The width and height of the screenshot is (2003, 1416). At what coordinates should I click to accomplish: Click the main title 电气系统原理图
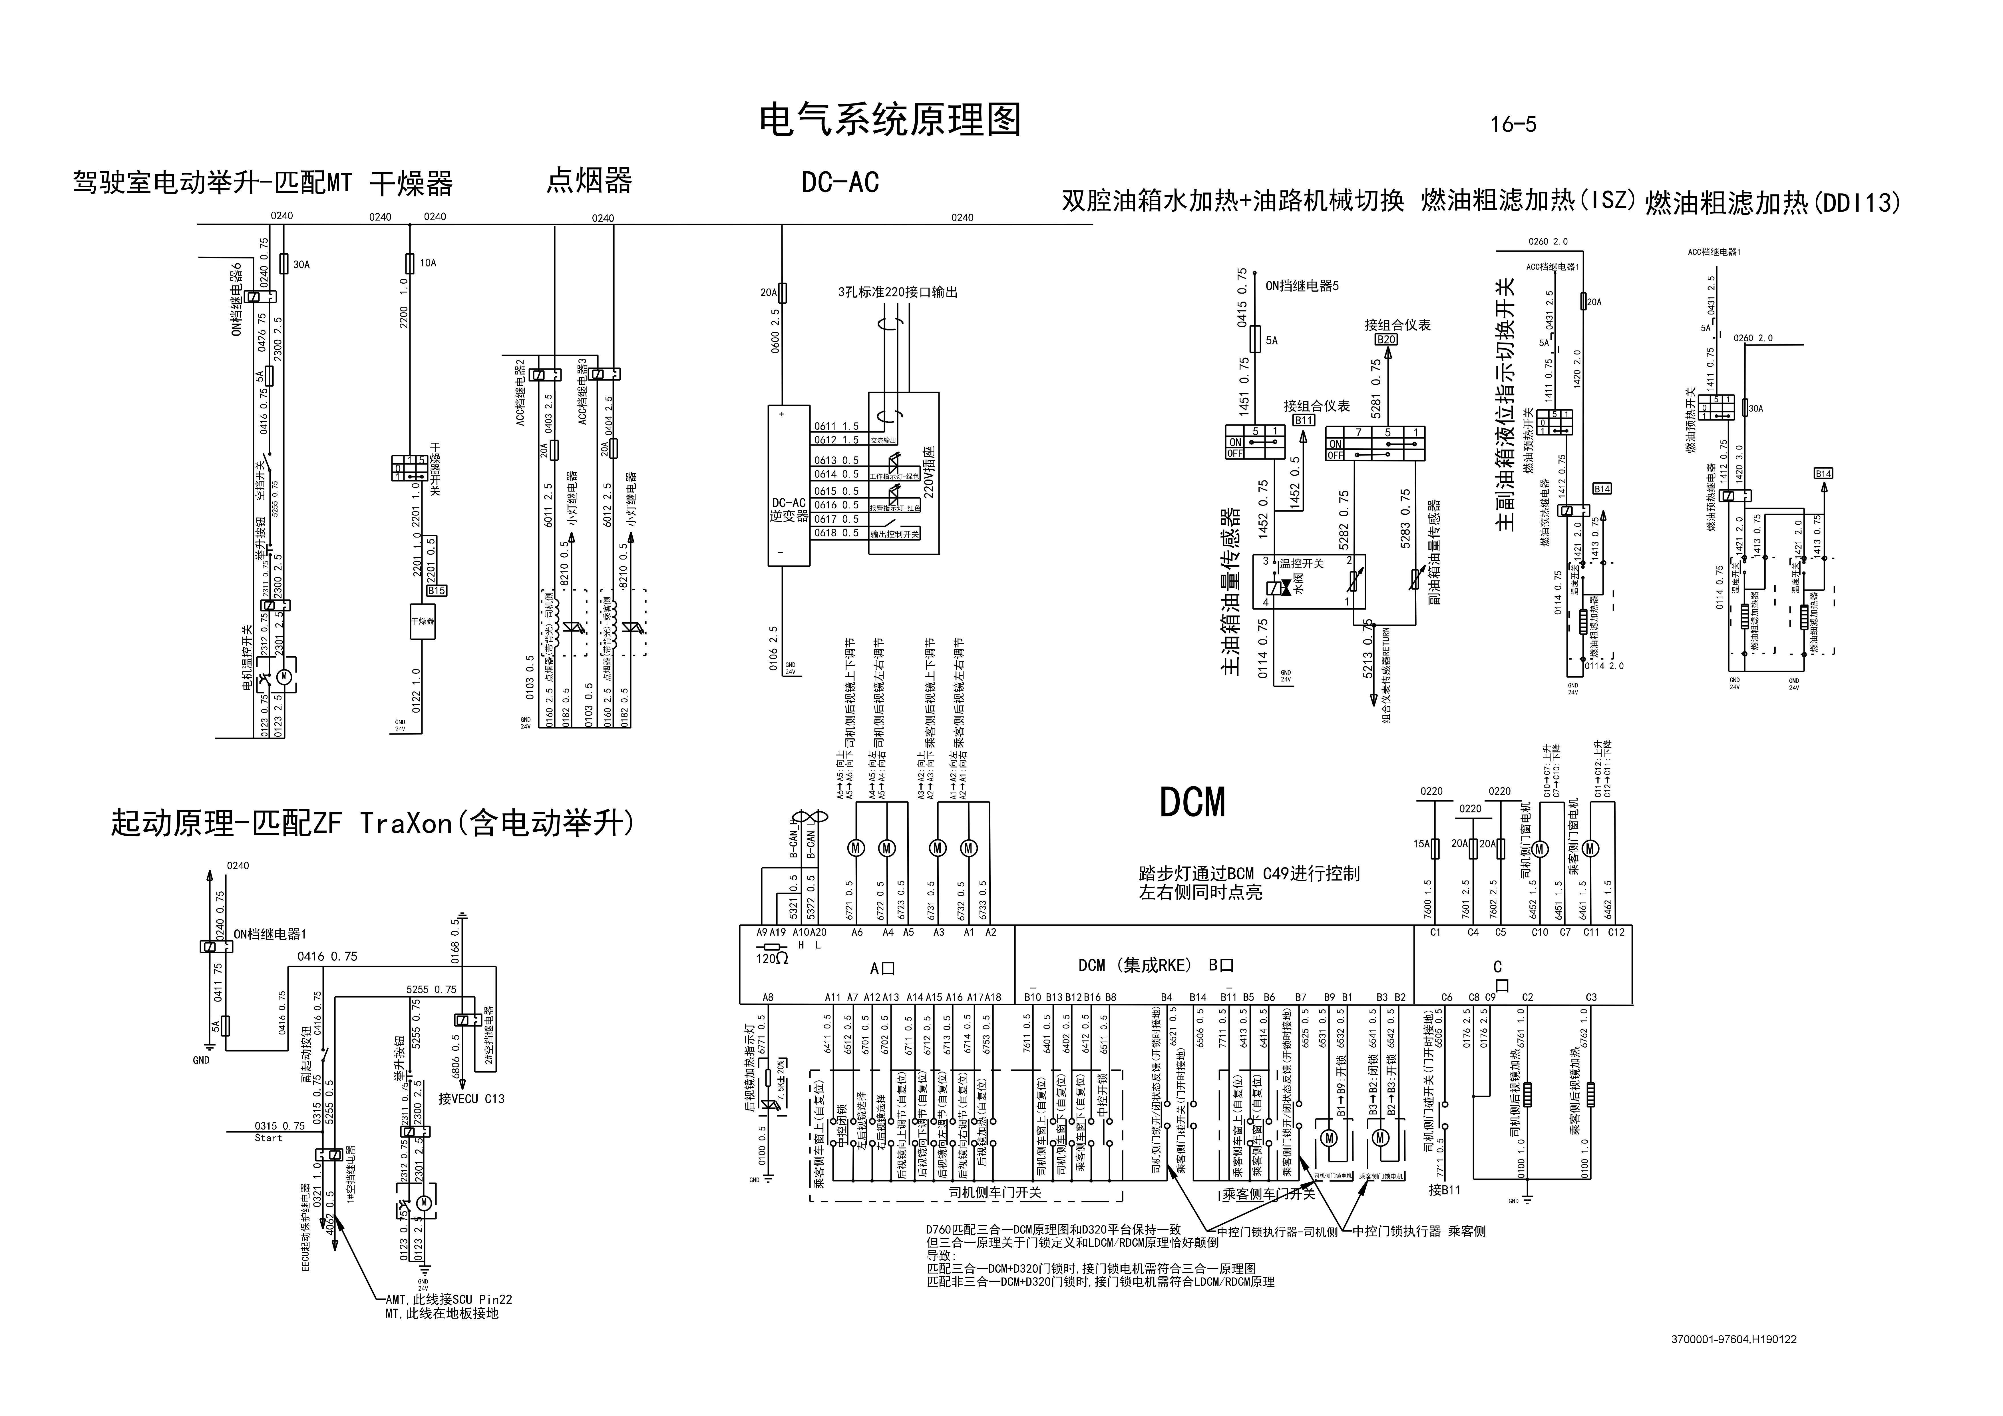pyautogui.click(x=890, y=121)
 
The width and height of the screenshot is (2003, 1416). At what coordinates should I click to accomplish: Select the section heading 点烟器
pyautogui.click(x=589, y=180)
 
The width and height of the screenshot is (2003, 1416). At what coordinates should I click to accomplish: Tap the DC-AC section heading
pyautogui.click(x=840, y=182)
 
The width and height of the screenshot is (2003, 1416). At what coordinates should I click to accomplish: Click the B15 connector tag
pyautogui.click(x=436, y=591)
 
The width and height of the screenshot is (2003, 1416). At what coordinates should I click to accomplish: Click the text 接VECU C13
pyautogui.click(x=471, y=1098)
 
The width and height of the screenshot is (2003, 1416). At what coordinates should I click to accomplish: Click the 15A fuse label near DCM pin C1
pyautogui.click(x=1422, y=844)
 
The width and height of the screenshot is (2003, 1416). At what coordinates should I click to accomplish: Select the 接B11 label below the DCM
pyautogui.click(x=1445, y=1189)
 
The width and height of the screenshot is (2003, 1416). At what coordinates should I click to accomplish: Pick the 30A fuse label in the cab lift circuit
pyautogui.click(x=301, y=264)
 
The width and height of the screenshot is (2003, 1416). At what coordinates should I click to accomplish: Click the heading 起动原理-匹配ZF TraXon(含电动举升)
pyautogui.click(x=373, y=823)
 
